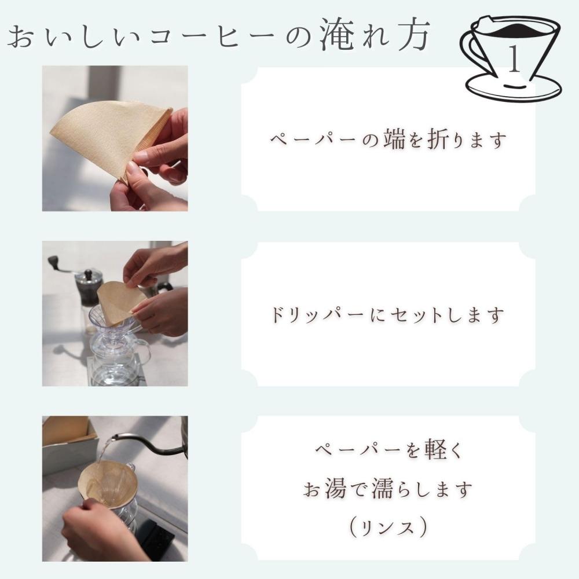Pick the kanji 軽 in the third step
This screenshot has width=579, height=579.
click(430, 451)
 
